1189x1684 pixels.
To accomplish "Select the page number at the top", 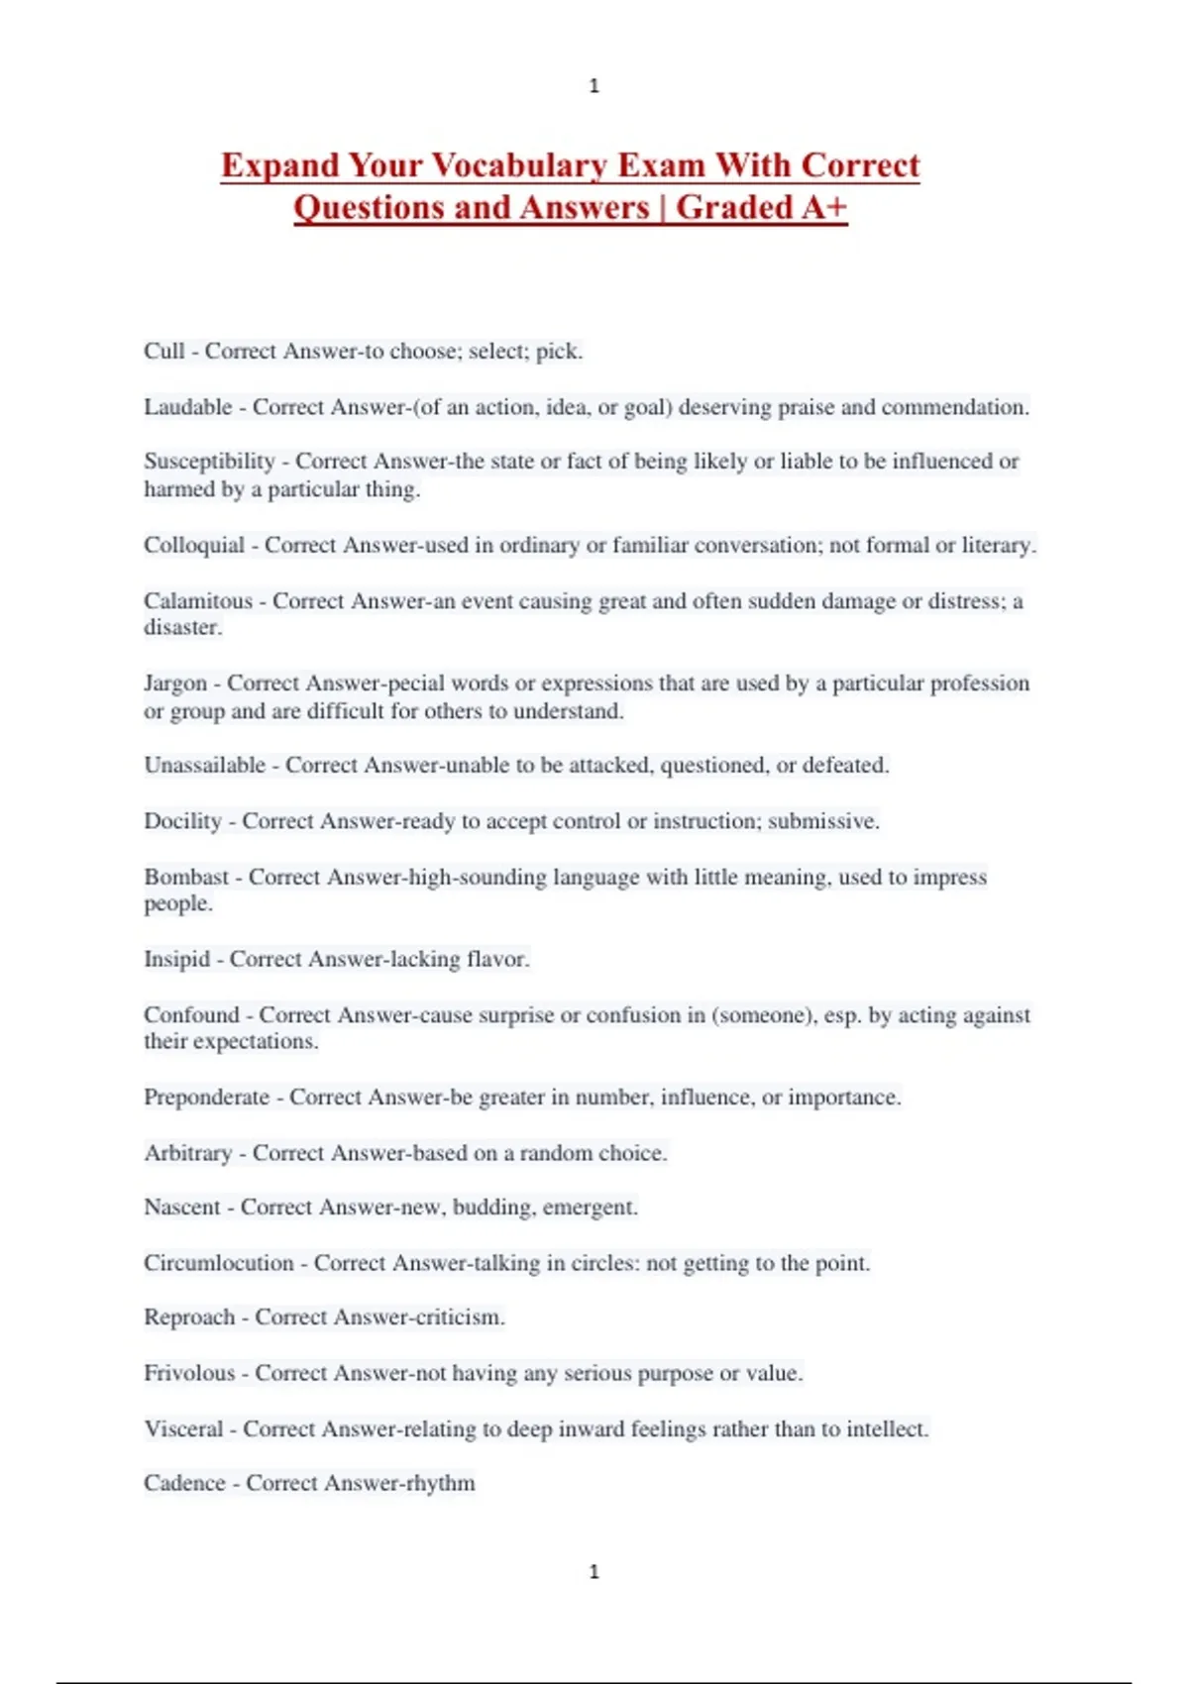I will (x=594, y=86).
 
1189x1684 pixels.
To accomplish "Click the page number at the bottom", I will (x=594, y=1571).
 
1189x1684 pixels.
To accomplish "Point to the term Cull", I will (x=164, y=352).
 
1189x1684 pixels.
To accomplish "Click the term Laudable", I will (x=188, y=407).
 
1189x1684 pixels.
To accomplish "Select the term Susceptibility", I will (x=209, y=462).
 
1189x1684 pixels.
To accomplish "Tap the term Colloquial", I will (x=194, y=546).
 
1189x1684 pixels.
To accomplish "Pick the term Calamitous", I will (x=198, y=601).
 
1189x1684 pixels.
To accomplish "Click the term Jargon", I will (x=175, y=684).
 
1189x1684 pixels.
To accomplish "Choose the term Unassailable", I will (x=205, y=766).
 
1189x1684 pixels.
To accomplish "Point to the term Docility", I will (x=182, y=821).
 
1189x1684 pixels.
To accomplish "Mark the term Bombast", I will (x=186, y=878).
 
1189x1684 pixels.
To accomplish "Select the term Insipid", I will (x=177, y=960).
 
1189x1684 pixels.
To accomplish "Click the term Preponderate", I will (x=207, y=1098).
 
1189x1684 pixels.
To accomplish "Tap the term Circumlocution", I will (x=219, y=1264).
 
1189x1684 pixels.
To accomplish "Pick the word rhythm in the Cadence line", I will (x=439, y=1484).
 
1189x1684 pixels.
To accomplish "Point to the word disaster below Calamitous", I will (x=182, y=628).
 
